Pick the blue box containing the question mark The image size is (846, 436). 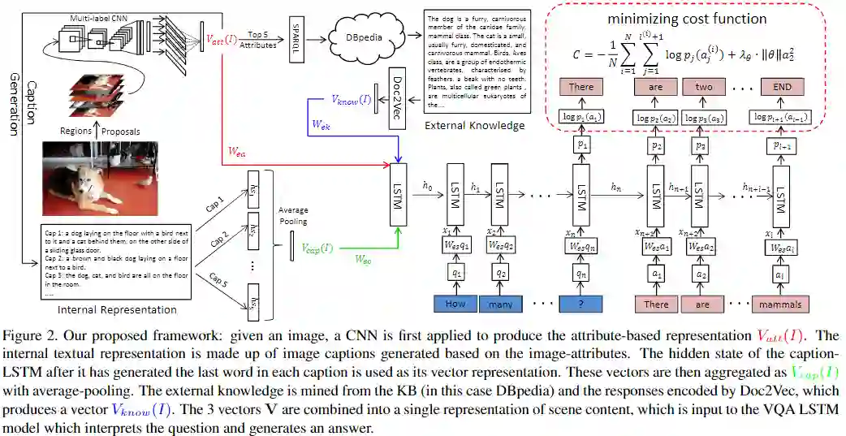(581, 304)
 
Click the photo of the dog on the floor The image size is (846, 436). (96, 172)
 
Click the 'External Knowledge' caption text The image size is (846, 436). (475, 125)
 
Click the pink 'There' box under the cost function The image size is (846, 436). (581, 87)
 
